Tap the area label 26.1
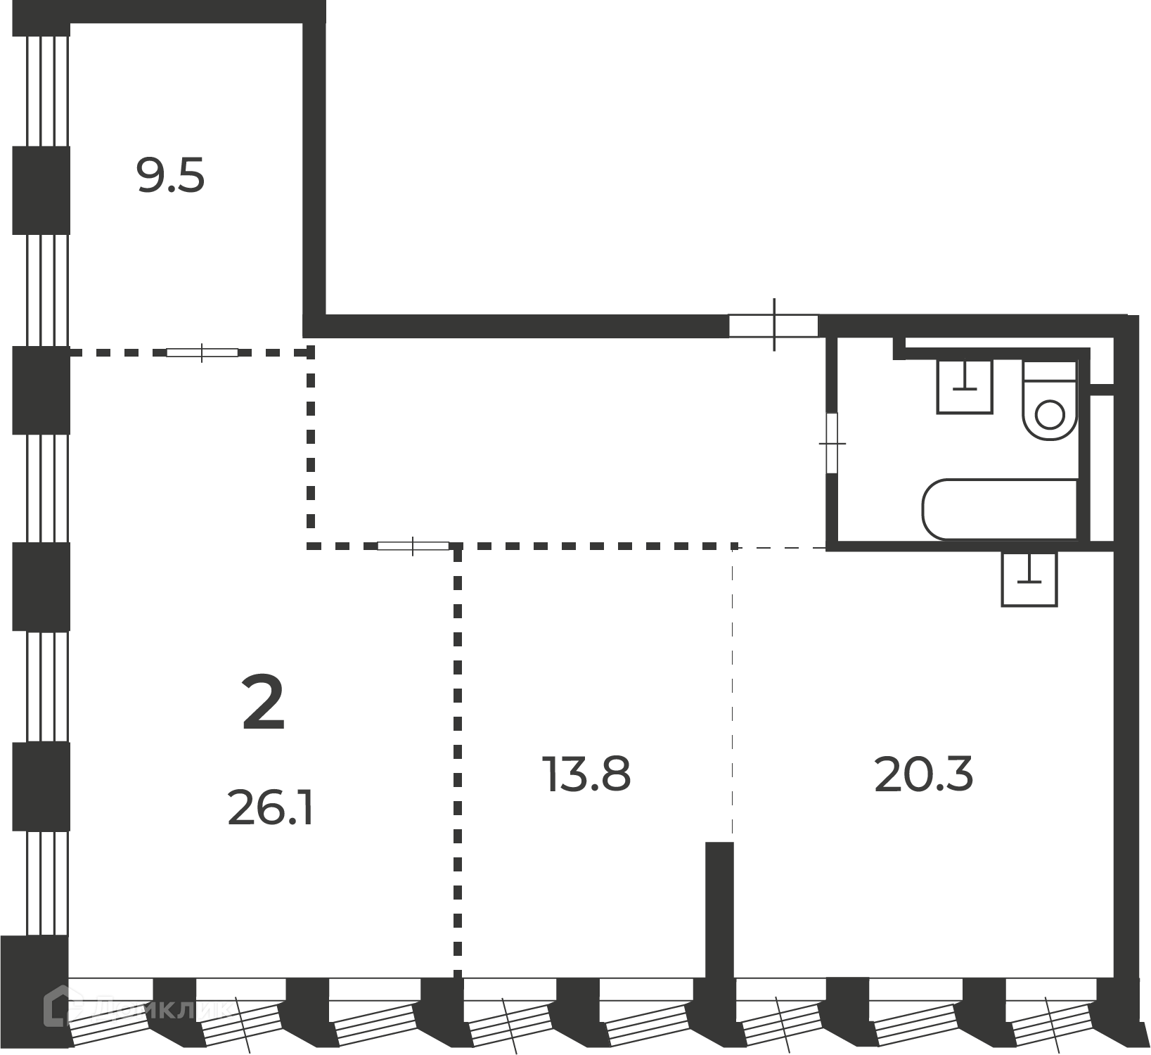[x=270, y=810]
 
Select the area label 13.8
[x=586, y=774]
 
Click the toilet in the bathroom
[x=1050, y=402]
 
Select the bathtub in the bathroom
[x=1000, y=510]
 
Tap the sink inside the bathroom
[x=965, y=387]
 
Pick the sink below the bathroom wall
[x=1029, y=579]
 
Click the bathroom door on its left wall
[x=832, y=442]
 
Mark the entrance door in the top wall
[x=773, y=325]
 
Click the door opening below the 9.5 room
[x=202, y=352]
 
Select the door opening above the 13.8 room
[x=413, y=546]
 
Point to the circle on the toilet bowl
[x=1050, y=414]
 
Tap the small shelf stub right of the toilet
[x=1102, y=389]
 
